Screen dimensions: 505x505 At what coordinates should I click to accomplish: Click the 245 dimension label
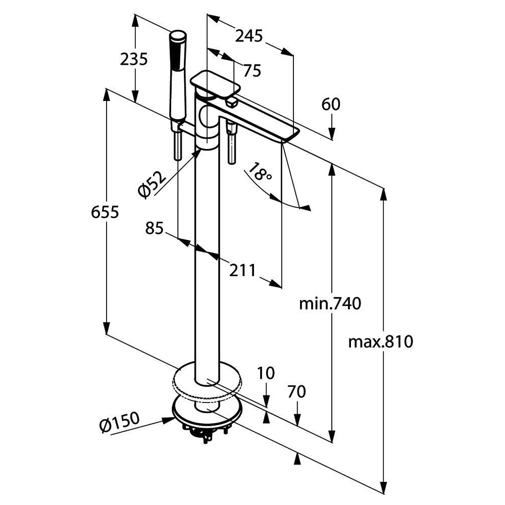pyautogui.click(x=249, y=36)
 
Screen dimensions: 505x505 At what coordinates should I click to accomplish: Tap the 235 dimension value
pyautogui.click(x=134, y=59)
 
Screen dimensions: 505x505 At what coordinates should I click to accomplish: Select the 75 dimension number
pyautogui.click(x=252, y=71)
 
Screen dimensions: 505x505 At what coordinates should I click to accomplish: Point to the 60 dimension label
pyautogui.click(x=331, y=105)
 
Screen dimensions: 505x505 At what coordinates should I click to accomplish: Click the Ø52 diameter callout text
pyautogui.click(x=152, y=184)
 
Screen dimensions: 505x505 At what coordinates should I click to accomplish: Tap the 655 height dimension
pyautogui.click(x=105, y=212)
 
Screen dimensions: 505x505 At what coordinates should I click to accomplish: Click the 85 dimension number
pyautogui.click(x=154, y=228)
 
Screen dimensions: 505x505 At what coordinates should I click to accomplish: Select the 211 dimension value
pyautogui.click(x=242, y=270)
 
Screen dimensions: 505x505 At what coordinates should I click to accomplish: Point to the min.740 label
pyautogui.click(x=330, y=304)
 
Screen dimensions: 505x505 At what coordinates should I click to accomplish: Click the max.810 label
pyautogui.click(x=381, y=341)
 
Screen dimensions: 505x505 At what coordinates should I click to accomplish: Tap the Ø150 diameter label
pyautogui.click(x=120, y=422)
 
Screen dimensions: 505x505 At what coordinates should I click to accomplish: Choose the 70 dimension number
pyautogui.click(x=296, y=392)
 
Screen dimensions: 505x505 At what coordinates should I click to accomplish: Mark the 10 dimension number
pyautogui.click(x=266, y=373)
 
